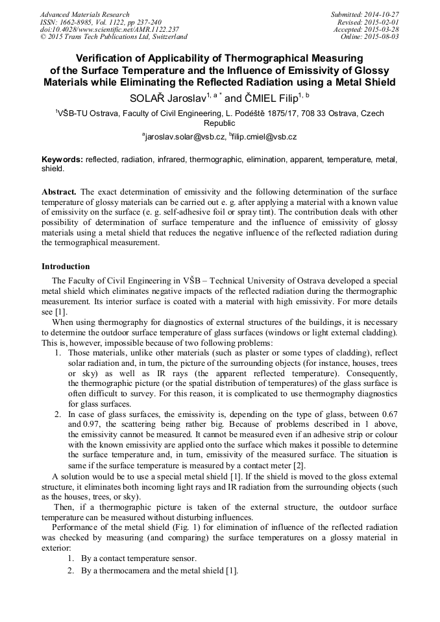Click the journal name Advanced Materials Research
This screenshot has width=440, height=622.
(x=84, y=14)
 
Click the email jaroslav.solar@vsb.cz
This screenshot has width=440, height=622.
(x=185, y=137)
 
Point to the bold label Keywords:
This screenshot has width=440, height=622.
(x=62, y=159)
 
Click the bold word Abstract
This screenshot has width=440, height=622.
(x=59, y=193)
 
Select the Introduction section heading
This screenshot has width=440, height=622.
(x=66, y=267)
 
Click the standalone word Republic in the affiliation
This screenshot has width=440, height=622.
(x=219, y=123)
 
